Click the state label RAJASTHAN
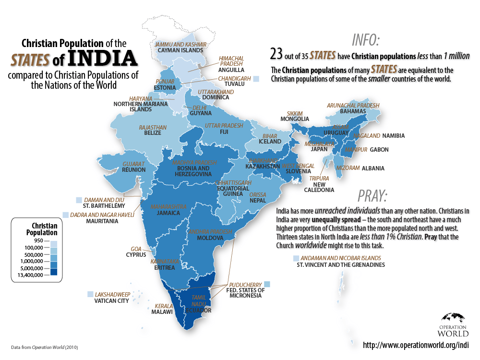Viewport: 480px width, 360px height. coord(153,127)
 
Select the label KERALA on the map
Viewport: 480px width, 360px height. coord(164,305)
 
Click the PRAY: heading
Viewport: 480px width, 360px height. coord(372,196)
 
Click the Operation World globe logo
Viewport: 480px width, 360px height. coord(453,318)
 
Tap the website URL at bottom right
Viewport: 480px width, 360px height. coord(415,345)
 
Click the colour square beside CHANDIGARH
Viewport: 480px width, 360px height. coord(257,79)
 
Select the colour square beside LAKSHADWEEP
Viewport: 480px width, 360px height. coord(90,294)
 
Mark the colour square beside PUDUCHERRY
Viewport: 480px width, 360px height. coord(267,284)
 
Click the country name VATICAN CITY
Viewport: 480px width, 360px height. coord(110,301)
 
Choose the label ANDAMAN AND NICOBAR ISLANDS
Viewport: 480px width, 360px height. coord(341,258)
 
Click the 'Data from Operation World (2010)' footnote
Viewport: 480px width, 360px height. coord(44,347)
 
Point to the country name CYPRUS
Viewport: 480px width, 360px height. coord(136,255)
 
